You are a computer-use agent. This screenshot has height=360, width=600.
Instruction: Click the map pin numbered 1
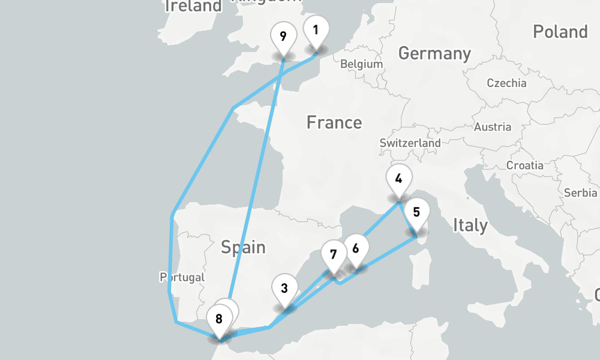(x=316, y=30)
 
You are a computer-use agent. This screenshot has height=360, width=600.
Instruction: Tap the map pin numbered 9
(x=283, y=37)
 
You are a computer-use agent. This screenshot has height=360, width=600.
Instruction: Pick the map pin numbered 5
(x=417, y=213)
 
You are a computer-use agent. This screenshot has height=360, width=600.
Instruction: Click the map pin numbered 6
(x=356, y=249)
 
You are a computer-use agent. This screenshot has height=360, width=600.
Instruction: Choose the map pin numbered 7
(x=334, y=254)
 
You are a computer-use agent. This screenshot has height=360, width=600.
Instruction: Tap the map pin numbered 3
(x=284, y=289)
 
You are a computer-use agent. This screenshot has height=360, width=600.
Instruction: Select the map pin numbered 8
(x=219, y=320)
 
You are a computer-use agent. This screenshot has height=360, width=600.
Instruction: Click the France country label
(x=334, y=123)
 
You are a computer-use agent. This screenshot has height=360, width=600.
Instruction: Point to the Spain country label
(x=243, y=247)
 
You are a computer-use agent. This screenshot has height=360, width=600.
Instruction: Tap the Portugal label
(x=182, y=277)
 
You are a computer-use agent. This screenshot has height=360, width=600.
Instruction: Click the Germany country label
(x=434, y=53)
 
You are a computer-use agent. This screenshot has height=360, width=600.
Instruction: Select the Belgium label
(x=361, y=64)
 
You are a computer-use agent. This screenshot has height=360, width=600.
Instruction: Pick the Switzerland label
(x=410, y=143)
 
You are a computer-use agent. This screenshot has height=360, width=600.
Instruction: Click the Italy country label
(x=470, y=226)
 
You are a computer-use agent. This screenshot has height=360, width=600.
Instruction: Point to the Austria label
(x=492, y=127)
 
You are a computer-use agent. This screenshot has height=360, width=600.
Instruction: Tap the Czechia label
(x=506, y=83)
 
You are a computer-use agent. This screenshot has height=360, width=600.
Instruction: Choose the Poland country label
(x=560, y=31)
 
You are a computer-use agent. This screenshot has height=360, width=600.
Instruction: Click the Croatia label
(x=525, y=165)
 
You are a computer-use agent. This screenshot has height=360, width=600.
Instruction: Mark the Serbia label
(x=580, y=193)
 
